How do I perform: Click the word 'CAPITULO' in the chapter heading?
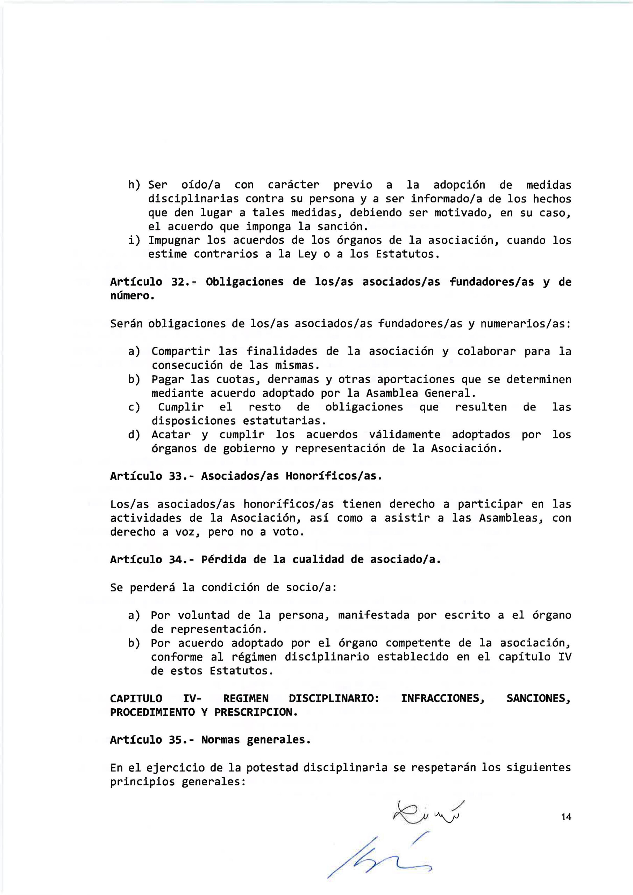pyautogui.click(x=136, y=698)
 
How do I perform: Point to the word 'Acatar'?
pyautogui.click(x=171, y=434)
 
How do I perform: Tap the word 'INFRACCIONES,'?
pyautogui.click(x=443, y=698)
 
